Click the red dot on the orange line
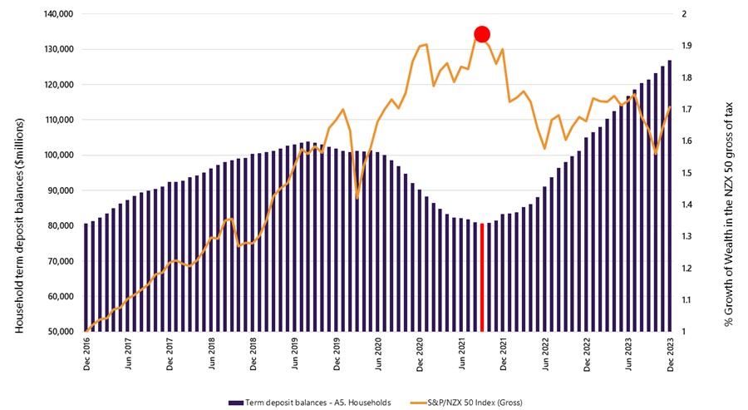[x=481, y=34]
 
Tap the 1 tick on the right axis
[x=683, y=332]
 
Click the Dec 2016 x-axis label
[x=86, y=355]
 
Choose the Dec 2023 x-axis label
[x=670, y=355]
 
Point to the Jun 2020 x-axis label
[x=379, y=355]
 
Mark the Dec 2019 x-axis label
[x=337, y=355]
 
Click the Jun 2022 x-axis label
[x=545, y=355]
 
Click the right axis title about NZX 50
[x=730, y=173]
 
